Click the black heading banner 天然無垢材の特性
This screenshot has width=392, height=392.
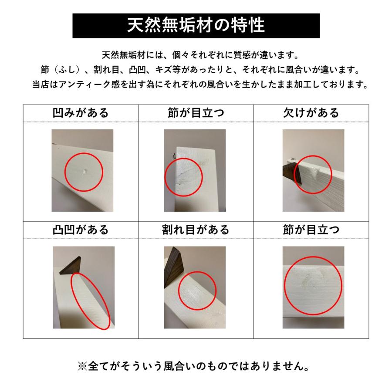pos(196,26)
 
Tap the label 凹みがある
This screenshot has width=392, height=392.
pos(80,113)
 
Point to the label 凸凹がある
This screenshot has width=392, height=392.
pos(80,230)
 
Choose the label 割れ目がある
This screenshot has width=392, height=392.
pos(196,230)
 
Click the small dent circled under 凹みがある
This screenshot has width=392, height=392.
pos(84,172)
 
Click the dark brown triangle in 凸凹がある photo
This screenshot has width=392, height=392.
pos(71,266)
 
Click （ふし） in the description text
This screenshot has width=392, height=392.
pos(63,70)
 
